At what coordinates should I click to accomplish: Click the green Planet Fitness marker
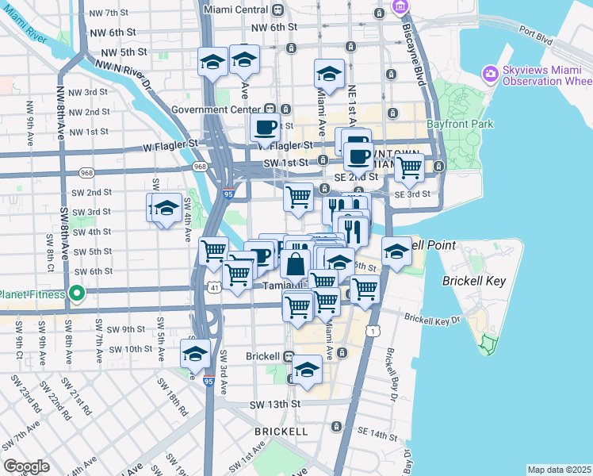[77, 294]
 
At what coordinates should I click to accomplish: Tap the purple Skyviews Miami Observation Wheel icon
[490, 74]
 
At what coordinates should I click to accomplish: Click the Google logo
[26, 466]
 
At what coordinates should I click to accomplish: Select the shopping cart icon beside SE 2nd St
[409, 167]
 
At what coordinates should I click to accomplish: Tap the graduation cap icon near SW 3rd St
[166, 209]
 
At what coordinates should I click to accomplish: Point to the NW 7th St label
[109, 13]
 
